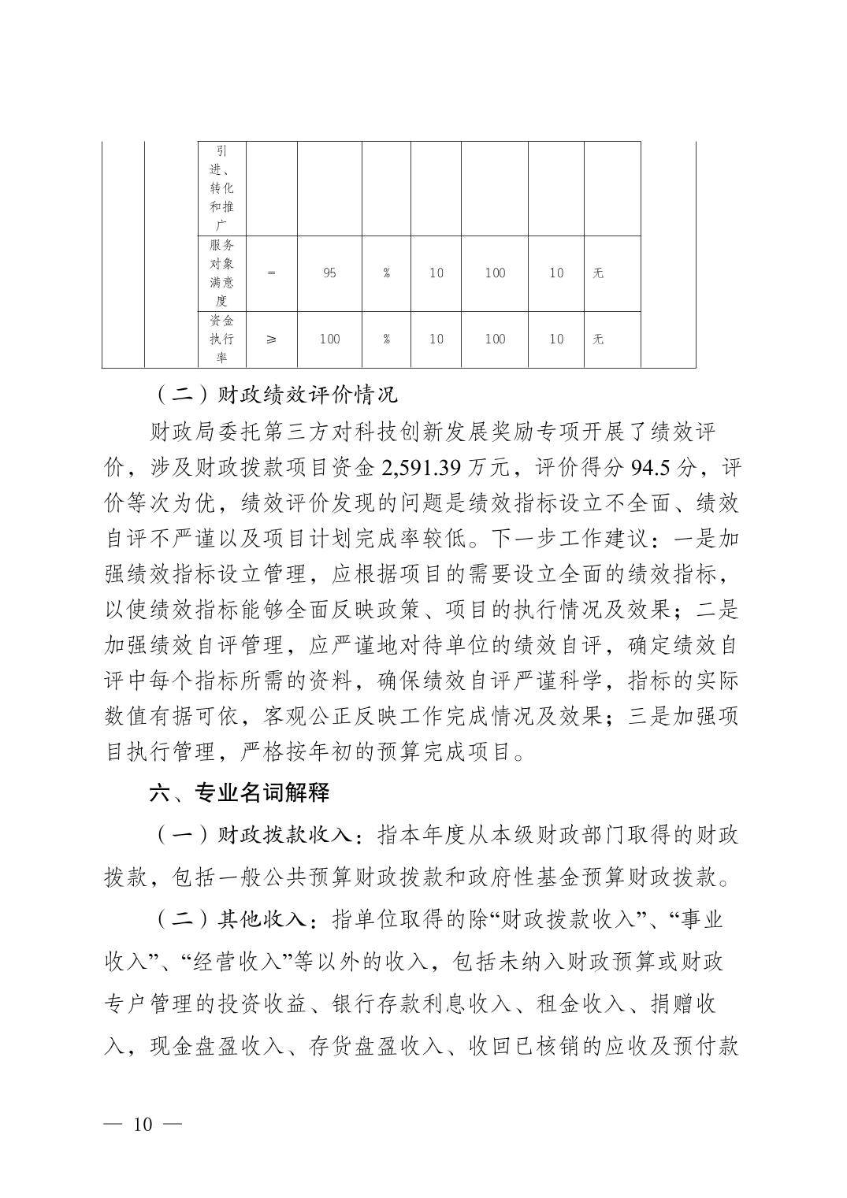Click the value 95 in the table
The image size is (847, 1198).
pos(329,273)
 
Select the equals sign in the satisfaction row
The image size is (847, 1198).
pos(272,273)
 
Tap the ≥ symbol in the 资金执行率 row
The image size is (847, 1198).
pos(272,339)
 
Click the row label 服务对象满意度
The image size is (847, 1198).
pos(221,273)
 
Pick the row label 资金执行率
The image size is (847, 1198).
pos(221,339)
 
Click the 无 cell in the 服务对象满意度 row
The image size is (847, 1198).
pos(598,273)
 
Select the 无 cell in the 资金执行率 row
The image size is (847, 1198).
pos(598,339)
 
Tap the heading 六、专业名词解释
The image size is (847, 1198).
pos(240,792)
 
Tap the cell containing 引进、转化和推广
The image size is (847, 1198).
pos(221,188)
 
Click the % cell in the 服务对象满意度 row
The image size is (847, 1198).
pos(386,273)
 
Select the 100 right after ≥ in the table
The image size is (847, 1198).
pos(329,339)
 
